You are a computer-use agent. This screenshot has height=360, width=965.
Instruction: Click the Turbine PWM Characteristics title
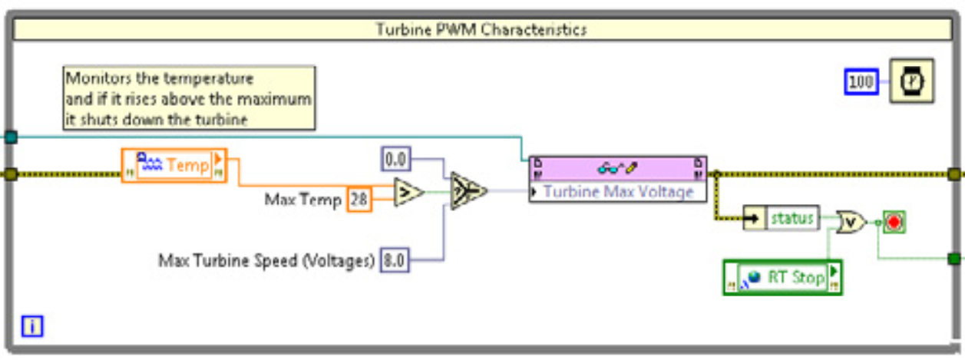tap(481, 29)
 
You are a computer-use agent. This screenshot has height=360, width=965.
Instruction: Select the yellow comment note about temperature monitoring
tap(188, 99)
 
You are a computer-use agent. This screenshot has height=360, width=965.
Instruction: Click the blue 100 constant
tap(862, 81)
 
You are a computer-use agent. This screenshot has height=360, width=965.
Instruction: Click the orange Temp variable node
tap(174, 164)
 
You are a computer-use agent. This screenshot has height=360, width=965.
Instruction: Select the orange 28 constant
tap(359, 200)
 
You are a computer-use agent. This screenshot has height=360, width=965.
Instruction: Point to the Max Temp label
tap(302, 200)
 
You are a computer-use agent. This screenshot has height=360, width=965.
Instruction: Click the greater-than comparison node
tap(408, 193)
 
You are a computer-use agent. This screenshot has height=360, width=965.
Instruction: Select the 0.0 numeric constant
tap(396, 160)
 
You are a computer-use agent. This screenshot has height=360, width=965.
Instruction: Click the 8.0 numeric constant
tap(394, 261)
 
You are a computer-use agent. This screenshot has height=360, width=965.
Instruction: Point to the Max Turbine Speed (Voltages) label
tap(266, 261)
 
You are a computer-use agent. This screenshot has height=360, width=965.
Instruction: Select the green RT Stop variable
tap(782, 277)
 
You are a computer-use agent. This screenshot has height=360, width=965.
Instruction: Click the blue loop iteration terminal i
tap(32, 326)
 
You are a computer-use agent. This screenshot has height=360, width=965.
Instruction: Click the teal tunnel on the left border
tap(11, 137)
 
